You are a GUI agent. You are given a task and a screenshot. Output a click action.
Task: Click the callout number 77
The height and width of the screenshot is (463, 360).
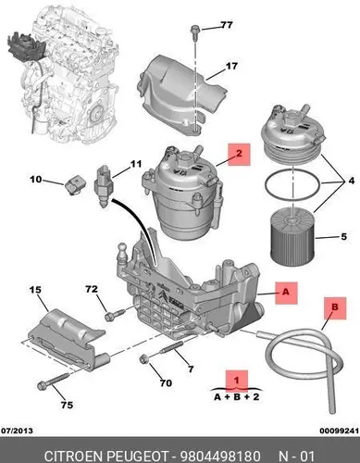click(227, 25)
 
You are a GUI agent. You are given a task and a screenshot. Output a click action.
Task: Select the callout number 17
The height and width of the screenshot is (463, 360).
click(231, 66)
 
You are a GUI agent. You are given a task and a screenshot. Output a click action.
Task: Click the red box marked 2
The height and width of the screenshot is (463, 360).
click(239, 154)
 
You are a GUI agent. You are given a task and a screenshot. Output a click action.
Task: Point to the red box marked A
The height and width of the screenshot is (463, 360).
click(286, 293)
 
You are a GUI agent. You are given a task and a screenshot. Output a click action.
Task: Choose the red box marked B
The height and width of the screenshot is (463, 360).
click(335, 308)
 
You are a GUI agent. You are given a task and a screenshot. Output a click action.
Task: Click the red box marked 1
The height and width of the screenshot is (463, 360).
click(237, 381)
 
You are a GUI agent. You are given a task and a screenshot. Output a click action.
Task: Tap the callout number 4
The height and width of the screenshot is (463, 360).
click(352, 181)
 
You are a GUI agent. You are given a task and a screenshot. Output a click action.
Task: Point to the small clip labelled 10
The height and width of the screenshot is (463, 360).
click(74, 185)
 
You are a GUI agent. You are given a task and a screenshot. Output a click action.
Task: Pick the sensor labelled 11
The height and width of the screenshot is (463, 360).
click(104, 186)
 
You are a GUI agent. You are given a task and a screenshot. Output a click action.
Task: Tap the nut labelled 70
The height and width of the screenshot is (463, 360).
click(143, 360)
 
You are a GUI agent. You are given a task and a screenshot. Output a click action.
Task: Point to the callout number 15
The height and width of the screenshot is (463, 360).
click(35, 290)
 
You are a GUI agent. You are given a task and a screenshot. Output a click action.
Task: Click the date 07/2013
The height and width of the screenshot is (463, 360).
click(18, 431)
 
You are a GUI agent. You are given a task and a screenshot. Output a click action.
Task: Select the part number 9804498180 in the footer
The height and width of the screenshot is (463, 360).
click(220, 456)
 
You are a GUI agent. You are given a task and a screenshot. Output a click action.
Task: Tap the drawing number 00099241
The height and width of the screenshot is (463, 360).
click(340, 431)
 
